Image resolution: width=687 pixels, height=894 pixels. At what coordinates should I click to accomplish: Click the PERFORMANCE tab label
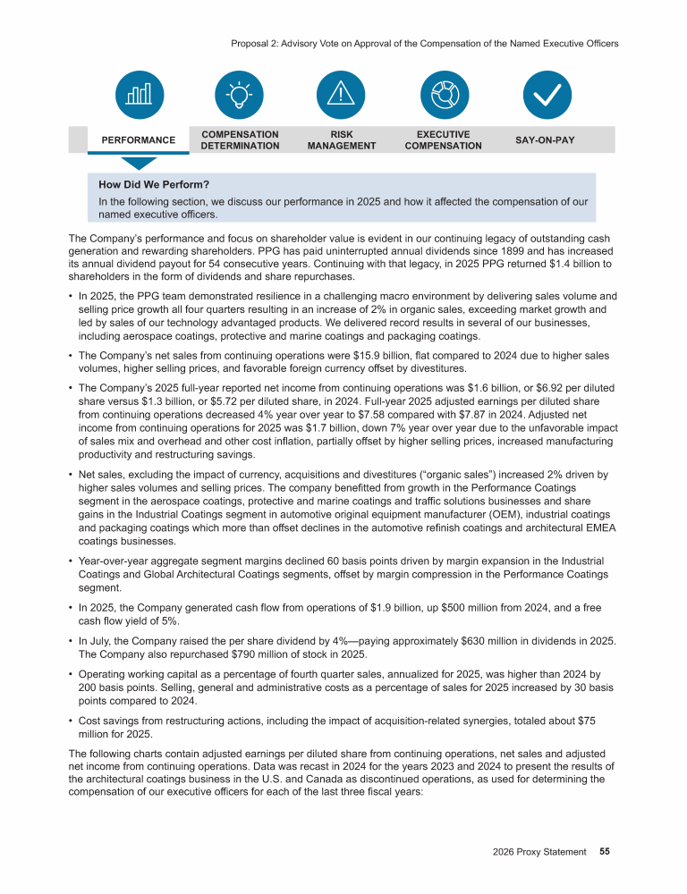point(138,140)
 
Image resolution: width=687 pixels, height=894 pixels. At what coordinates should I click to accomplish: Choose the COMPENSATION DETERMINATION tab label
point(240,140)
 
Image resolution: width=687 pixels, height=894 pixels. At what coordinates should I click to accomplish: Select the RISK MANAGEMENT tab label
point(341,140)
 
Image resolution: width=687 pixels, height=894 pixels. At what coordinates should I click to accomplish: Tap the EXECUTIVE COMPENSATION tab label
point(443,140)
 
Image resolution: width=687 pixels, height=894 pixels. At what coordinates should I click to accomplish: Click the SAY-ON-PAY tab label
point(545,140)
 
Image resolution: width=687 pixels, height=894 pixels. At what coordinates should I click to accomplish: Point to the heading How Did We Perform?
point(154,185)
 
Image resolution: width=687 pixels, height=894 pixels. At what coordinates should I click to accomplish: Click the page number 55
point(605,852)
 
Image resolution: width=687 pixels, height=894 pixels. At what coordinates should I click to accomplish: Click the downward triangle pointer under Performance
point(138,163)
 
